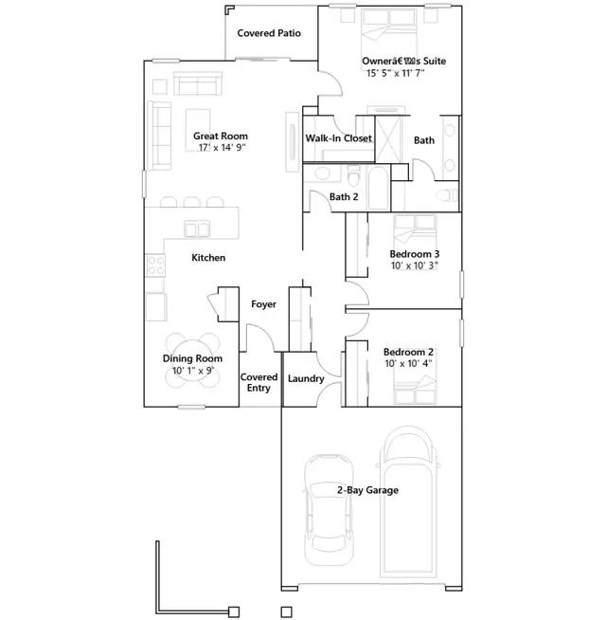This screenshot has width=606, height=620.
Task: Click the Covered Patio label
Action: click(269, 33)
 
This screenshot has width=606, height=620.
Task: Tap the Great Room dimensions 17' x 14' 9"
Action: click(222, 148)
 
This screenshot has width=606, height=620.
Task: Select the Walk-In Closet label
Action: click(339, 138)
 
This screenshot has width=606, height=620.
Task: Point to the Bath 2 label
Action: click(344, 196)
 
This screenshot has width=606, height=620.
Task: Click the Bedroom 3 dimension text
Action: click(415, 265)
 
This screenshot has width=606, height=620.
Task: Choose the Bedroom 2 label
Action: click(408, 352)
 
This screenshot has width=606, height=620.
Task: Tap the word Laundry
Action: click(306, 379)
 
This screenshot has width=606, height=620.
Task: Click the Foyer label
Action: click(263, 304)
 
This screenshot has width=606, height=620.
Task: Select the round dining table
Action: click(193, 360)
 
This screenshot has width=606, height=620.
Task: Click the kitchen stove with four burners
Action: click(155, 265)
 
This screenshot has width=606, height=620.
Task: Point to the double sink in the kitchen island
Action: click(197, 228)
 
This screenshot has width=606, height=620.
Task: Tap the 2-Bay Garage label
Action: click(367, 490)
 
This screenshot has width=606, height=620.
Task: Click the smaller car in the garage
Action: click(329, 510)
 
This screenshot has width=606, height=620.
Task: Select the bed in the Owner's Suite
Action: click(389, 33)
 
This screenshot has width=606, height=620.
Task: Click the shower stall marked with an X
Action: click(388, 139)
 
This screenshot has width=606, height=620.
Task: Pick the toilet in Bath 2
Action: click(353, 174)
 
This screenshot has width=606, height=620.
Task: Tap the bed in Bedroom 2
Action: click(415, 390)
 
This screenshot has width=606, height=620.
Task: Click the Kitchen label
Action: click(208, 258)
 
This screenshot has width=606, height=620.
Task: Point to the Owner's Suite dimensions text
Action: click(395, 73)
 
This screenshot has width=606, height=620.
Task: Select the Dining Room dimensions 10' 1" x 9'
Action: click(193, 371)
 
